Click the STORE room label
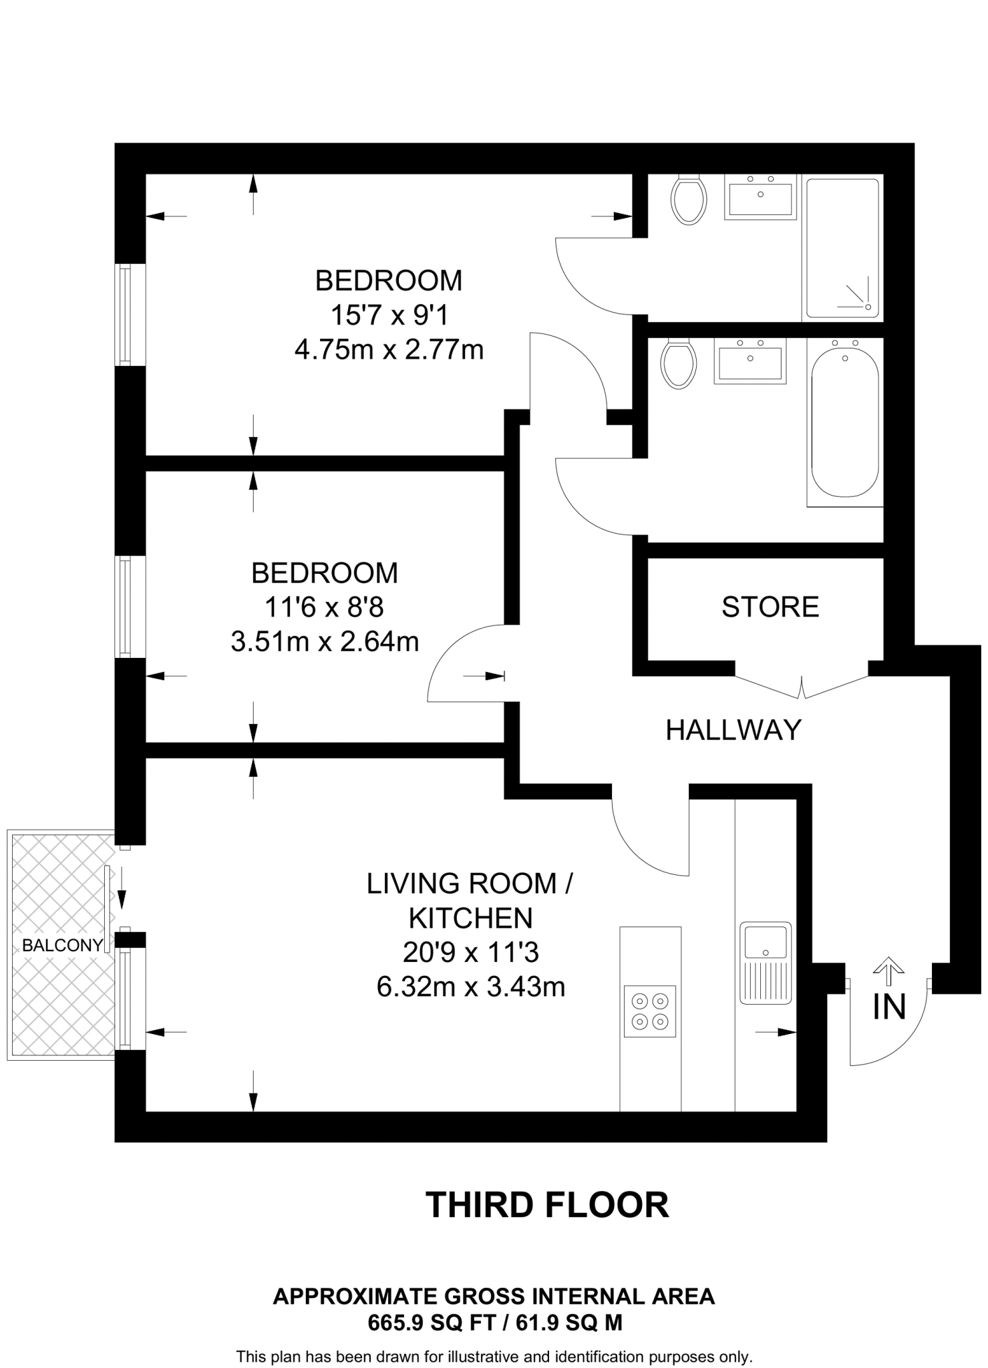click(770, 607)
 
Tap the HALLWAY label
click(733, 730)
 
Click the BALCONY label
click(62, 945)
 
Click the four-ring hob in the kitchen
click(649, 1011)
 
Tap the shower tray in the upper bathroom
click(842, 248)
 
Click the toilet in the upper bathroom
click(689, 200)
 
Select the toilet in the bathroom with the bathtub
click(678, 365)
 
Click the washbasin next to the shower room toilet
click(760, 197)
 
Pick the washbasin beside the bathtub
click(750, 361)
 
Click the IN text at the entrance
click(889, 1007)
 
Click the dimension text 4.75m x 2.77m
click(389, 349)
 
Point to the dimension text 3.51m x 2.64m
click(325, 642)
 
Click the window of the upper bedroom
click(124, 315)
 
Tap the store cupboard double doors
click(802, 687)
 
